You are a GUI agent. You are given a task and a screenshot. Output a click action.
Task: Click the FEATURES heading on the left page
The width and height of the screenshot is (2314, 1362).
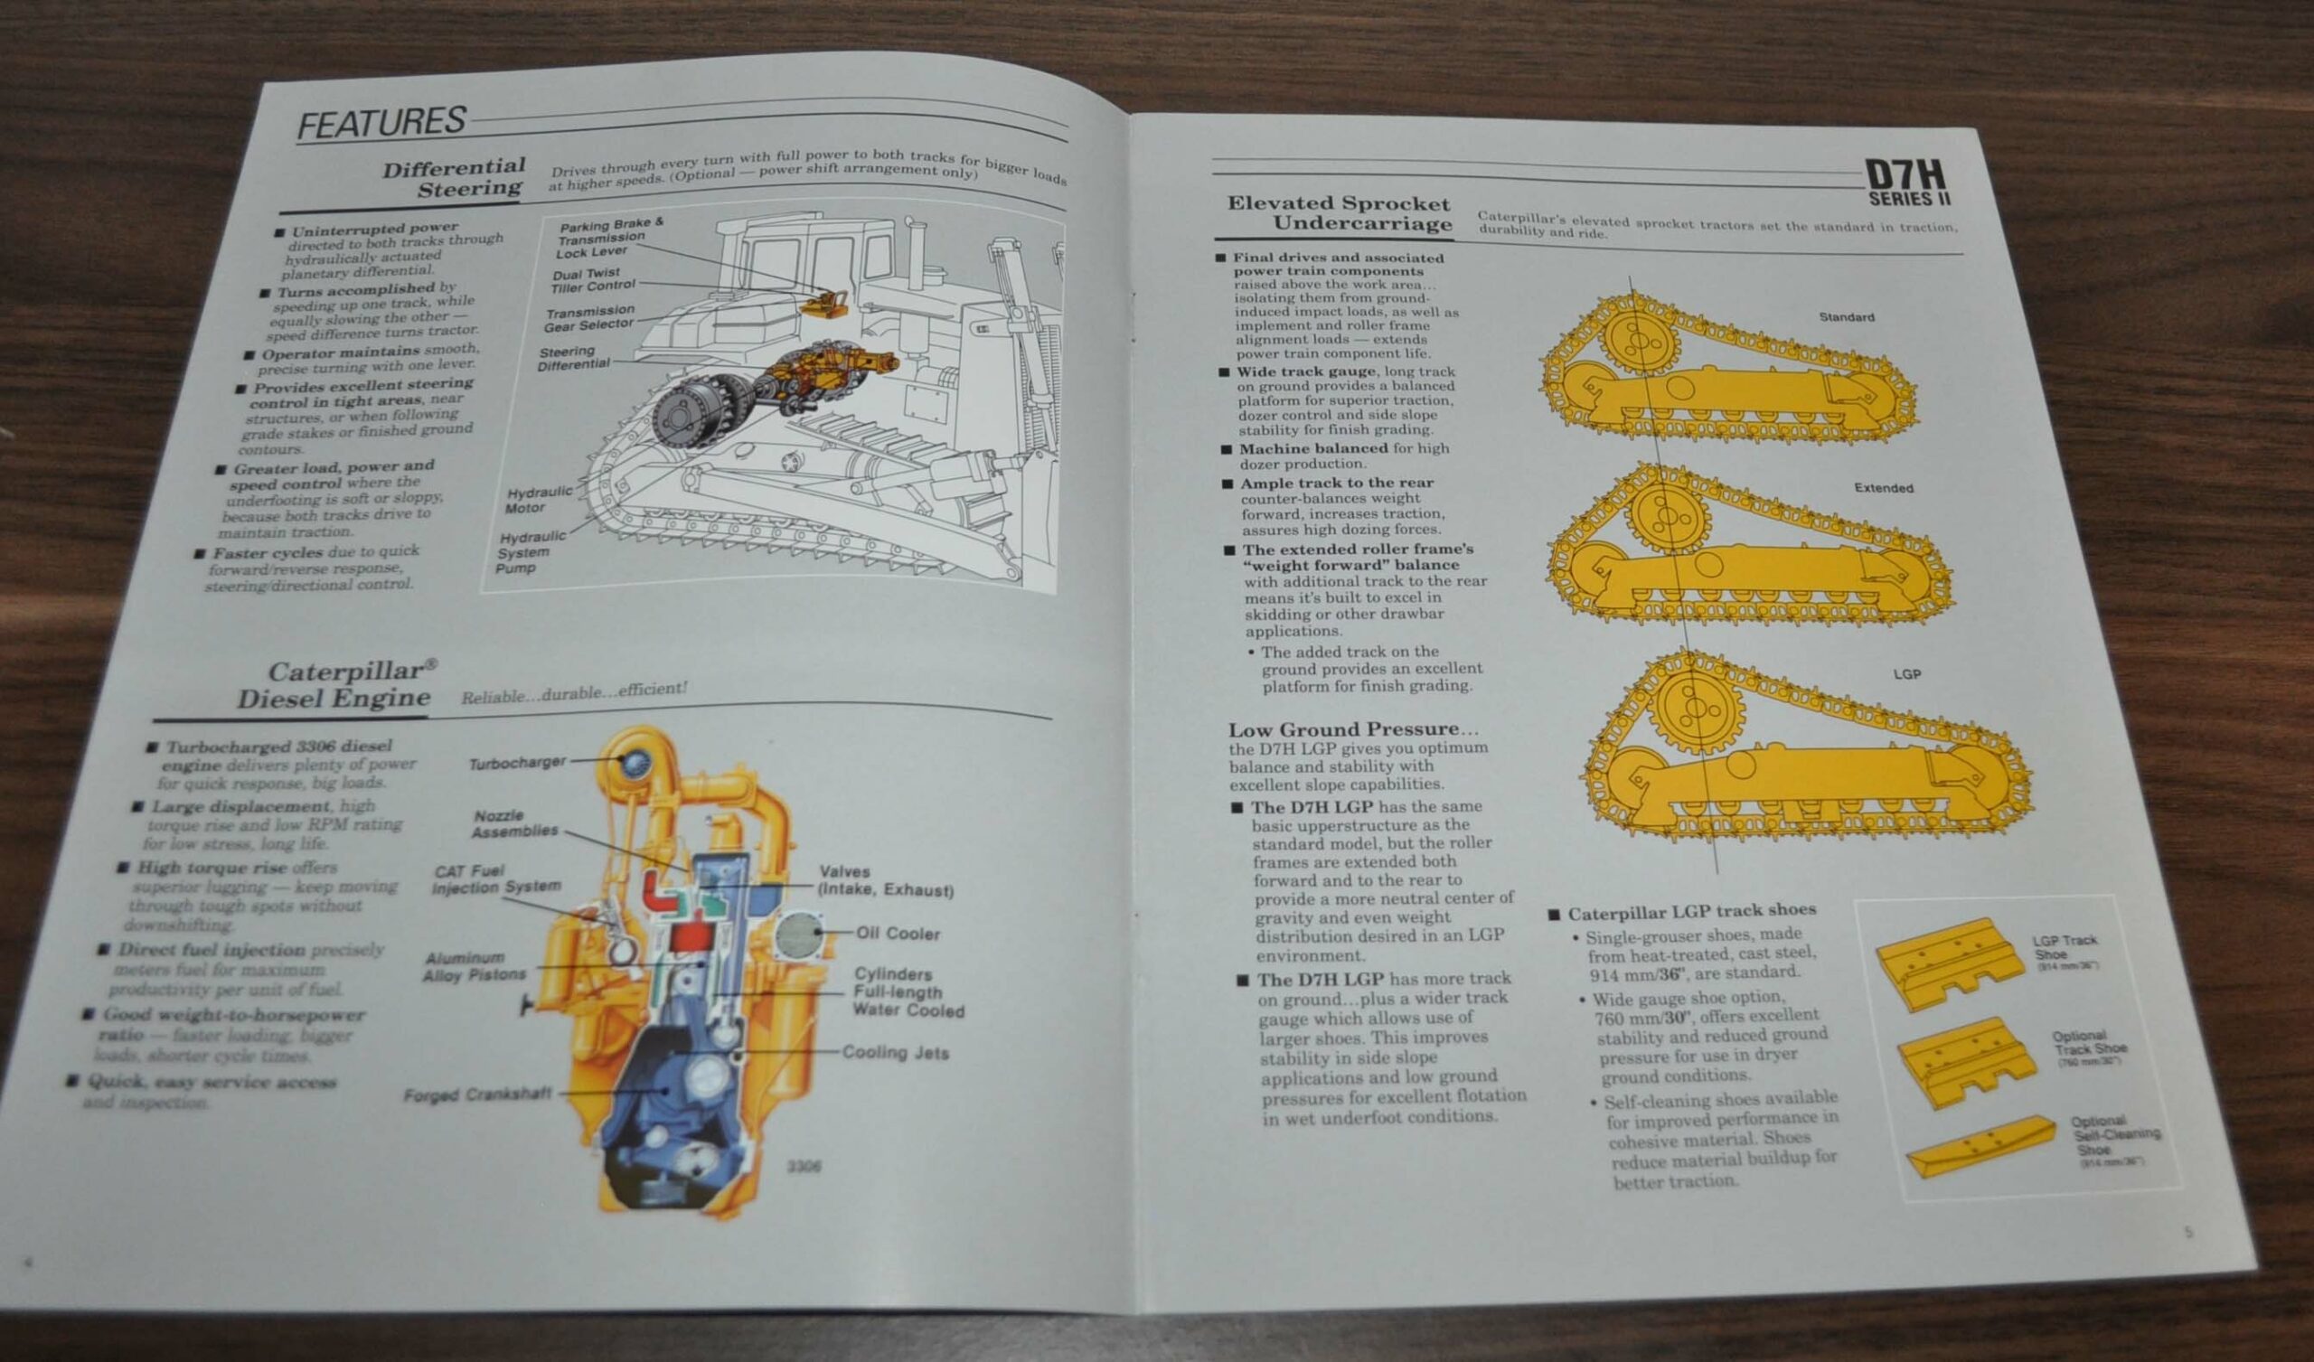[x=381, y=123]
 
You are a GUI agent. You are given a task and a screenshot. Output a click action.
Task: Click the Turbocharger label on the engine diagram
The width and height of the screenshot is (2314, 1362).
[x=517, y=763]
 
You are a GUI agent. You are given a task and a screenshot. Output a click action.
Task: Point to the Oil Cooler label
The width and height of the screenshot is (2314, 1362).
[x=898, y=933]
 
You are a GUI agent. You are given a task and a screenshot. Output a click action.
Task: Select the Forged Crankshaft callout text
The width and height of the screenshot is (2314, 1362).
[x=477, y=1094]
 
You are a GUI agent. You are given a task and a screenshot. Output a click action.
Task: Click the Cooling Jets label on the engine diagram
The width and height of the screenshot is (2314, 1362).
[x=894, y=1053]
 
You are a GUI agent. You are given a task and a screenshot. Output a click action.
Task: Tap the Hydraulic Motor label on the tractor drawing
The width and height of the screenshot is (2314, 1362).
[x=537, y=500]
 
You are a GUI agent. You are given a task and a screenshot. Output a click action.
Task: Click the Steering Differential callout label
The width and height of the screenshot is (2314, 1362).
[x=573, y=358]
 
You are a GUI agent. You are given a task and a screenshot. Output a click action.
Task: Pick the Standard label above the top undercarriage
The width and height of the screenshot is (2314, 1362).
[x=1846, y=317]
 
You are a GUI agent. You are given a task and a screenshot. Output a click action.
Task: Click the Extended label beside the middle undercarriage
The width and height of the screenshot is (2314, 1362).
[x=1883, y=488]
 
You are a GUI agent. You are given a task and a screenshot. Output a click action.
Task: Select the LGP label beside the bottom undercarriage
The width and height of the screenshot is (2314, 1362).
[x=1906, y=674]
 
